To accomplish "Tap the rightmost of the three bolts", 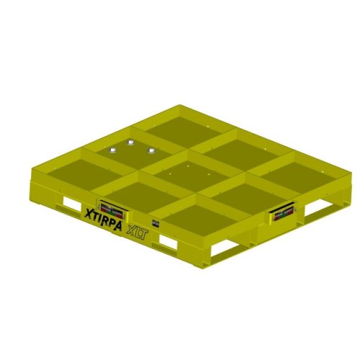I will (x=151, y=150).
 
